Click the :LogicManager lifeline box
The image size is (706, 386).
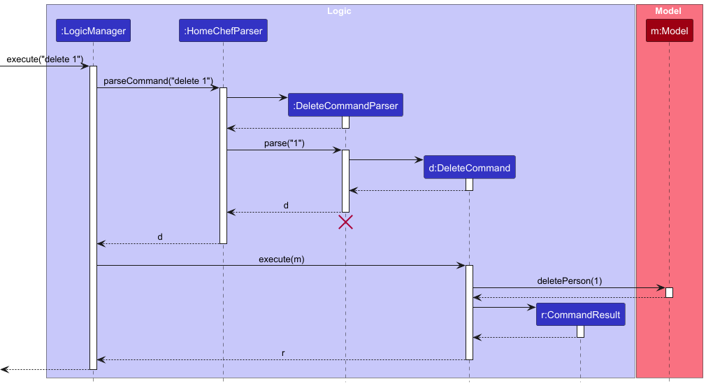(93, 31)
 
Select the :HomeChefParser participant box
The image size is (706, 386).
(223, 31)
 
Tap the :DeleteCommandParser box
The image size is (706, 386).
(345, 106)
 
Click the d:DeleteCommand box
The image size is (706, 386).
(469, 168)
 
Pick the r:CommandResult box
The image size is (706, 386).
(580, 315)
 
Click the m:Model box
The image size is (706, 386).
(669, 31)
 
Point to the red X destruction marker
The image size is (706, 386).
(345, 222)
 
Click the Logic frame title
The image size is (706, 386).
(339, 11)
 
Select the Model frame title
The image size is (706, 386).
(668, 11)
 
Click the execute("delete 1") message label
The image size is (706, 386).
(45, 59)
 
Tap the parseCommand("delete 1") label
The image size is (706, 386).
(158, 81)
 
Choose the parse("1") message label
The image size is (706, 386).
(283, 143)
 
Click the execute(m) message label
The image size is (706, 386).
(281, 259)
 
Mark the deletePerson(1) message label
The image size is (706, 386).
(569, 281)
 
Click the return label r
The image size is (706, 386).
(283, 353)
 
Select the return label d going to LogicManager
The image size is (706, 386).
(160, 237)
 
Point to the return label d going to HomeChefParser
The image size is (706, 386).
(286, 206)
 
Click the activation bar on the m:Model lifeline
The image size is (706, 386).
(669, 292)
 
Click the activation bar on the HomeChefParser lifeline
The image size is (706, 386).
(223, 165)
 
